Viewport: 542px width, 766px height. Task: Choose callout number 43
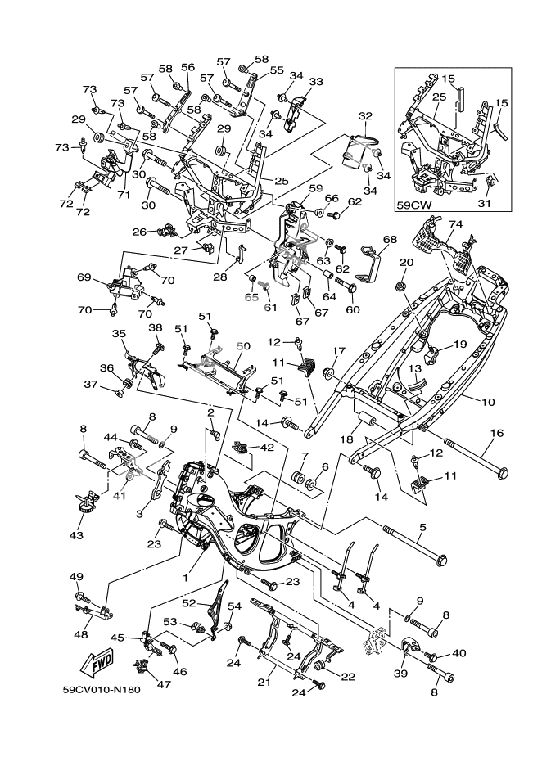pyautogui.click(x=76, y=535)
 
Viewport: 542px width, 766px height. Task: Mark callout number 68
pyautogui.click(x=390, y=240)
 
